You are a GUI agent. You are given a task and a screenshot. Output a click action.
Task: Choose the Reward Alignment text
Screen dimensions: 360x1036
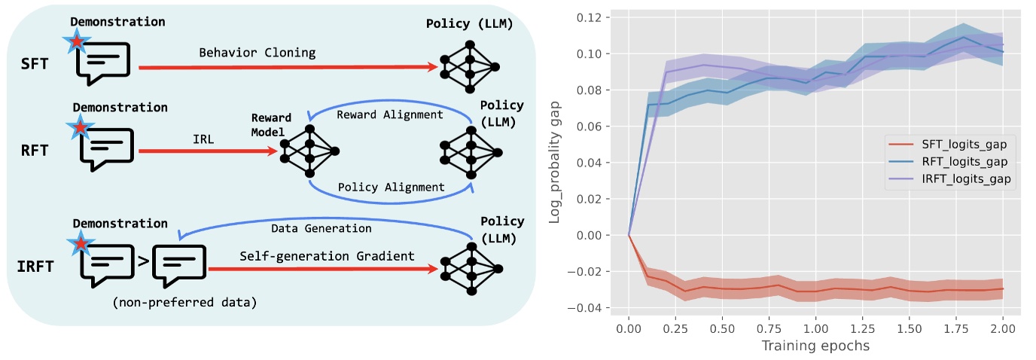point(389,114)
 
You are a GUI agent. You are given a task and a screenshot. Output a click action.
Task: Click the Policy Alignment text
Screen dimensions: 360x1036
point(391,186)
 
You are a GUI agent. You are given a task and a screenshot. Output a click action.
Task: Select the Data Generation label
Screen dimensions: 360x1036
point(321,227)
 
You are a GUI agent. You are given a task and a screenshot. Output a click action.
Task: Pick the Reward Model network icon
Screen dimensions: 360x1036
point(309,151)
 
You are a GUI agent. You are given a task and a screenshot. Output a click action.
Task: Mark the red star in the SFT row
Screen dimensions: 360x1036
point(78,44)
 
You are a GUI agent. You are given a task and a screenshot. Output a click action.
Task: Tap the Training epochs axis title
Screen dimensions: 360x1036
point(815,346)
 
